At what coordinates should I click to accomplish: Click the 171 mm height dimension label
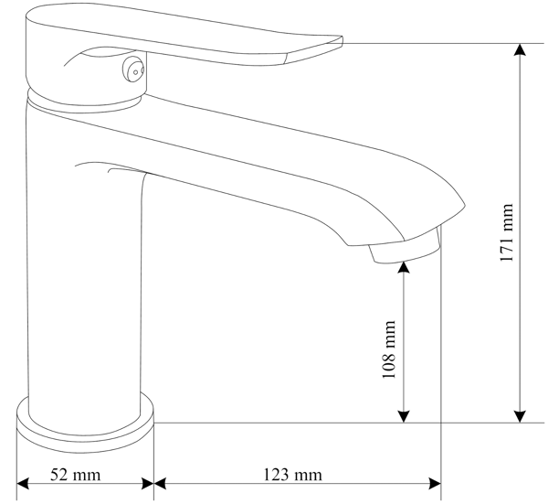[x=507, y=232]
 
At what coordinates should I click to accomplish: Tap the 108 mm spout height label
[x=389, y=349]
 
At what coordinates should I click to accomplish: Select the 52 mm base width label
[x=75, y=475]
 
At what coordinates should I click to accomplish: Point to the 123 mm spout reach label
[x=292, y=475]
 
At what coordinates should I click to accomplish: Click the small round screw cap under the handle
[x=133, y=70]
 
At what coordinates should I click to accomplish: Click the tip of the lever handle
[x=342, y=39]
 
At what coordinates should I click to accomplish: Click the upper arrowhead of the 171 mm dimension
[x=520, y=49]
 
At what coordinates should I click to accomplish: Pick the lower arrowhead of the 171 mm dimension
[x=520, y=416]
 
